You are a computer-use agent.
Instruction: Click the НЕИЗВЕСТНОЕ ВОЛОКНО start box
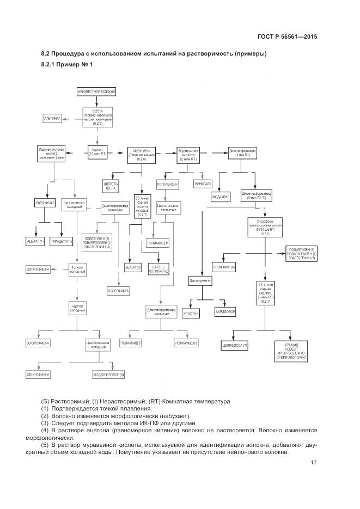point(97,92)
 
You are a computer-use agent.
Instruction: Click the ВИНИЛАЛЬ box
point(203,184)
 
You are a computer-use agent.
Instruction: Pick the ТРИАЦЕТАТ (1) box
point(62,241)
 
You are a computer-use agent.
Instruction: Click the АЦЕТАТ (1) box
point(35,241)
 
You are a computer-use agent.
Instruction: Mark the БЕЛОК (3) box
point(133,267)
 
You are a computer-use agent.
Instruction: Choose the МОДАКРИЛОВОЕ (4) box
point(108,375)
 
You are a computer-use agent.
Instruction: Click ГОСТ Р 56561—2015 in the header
point(287,37)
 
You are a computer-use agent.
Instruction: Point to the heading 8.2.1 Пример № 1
point(67,65)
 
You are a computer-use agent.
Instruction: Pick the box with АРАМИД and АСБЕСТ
point(291,350)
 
